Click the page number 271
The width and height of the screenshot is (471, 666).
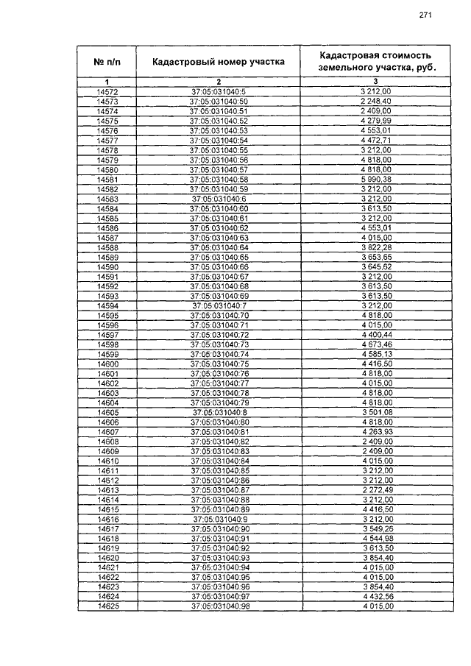tap(425, 15)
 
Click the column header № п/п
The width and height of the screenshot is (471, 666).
tap(107, 62)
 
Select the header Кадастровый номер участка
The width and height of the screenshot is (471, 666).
tap(219, 62)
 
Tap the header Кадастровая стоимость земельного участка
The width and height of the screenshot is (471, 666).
tap(375, 61)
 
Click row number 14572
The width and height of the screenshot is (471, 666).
tap(107, 91)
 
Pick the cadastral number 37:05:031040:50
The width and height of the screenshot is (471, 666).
tap(219, 101)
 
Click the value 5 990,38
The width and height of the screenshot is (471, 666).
tap(375, 180)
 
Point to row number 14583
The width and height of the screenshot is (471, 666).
tap(107, 199)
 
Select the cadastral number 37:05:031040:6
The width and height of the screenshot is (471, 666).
tap(219, 199)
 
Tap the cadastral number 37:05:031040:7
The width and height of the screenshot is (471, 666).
tap(219, 305)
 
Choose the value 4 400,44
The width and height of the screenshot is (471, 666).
tap(375, 335)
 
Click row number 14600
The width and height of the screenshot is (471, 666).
tap(107, 364)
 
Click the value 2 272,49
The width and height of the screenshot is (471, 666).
tap(375, 490)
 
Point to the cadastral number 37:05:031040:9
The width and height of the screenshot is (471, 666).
tap(219, 520)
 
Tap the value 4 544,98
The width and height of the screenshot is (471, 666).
tap(375, 539)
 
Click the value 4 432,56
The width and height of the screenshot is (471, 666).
tap(375, 597)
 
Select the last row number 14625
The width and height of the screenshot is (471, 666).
tap(107, 606)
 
